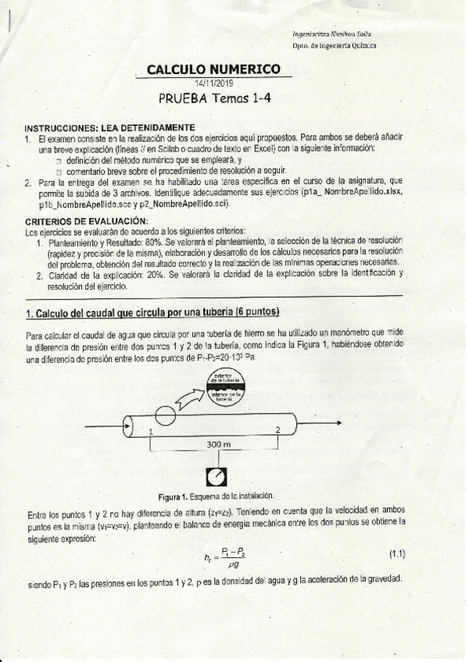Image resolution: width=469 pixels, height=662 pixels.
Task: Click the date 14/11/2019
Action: [x=214, y=83]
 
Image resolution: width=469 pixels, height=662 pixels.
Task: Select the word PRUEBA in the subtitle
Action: [x=185, y=98]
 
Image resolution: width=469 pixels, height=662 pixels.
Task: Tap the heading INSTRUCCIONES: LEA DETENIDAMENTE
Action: [x=109, y=127]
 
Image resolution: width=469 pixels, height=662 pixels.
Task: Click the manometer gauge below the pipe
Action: [x=217, y=476]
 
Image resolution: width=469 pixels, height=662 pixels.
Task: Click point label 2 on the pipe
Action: [x=277, y=429]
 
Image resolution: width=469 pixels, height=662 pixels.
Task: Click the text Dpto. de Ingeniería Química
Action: [x=334, y=45]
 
